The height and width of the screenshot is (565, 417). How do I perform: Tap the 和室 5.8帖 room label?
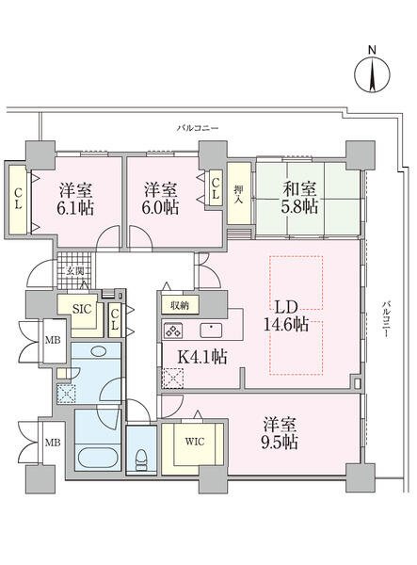300,198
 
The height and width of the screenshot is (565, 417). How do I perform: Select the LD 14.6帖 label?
286,316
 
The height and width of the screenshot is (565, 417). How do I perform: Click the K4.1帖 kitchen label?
203,357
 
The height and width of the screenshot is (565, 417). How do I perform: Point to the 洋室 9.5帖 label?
280,433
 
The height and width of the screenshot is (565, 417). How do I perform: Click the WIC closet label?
195,442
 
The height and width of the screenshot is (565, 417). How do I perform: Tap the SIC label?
83,309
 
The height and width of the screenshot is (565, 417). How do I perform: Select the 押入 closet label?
238,194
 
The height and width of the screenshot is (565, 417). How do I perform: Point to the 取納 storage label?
180,306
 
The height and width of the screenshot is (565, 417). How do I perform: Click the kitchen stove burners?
173,331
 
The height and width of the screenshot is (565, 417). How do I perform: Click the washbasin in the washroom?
98,351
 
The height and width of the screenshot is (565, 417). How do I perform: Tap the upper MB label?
53,340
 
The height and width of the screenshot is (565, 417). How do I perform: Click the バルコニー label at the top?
198,128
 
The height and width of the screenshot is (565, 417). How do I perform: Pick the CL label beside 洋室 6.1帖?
18,200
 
